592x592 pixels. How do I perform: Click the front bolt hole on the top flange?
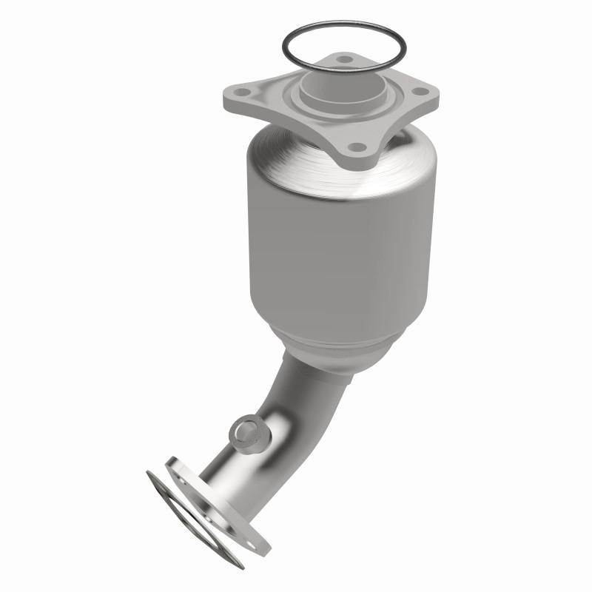[356, 147]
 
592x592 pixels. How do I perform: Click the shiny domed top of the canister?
[296, 159]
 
